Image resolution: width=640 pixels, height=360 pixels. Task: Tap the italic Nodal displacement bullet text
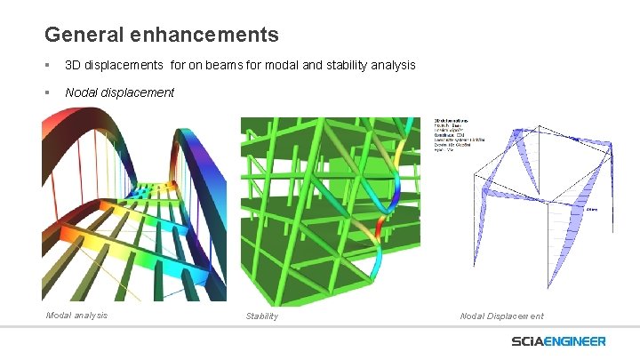119,92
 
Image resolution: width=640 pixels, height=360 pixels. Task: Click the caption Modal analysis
76,315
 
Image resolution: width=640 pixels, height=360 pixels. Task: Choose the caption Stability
261,316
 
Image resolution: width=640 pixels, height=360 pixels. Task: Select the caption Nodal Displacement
501,316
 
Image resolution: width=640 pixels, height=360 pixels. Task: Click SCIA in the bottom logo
532,341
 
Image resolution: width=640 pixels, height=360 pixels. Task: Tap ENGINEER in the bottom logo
579,341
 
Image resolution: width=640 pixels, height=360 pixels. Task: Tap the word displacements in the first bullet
125,66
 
